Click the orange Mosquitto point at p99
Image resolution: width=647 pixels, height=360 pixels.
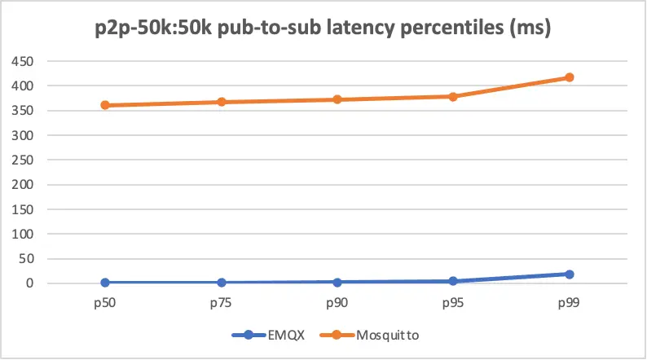pyautogui.click(x=570, y=77)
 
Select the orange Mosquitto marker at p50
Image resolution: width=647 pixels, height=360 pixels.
pyautogui.click(x=105, y=105)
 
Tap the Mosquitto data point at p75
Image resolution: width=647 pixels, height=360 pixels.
pyautogui.click(x=221, y=102)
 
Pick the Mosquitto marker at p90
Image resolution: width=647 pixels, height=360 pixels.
pyautogui.click(x=337, y=99)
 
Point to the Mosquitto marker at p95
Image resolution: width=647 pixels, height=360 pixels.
pyautogui.click(x=453, y=96)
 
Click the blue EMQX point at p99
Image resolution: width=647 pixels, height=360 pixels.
pyautogui.click(x=570, y=274)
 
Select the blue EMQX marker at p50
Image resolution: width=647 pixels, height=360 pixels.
pyautogui.click(x=105, y=283)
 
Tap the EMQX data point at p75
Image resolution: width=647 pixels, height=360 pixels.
pyautogui.click(x=221, y=283)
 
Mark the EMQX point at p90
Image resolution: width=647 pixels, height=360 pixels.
pyautogui.click(x=337, y=282)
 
